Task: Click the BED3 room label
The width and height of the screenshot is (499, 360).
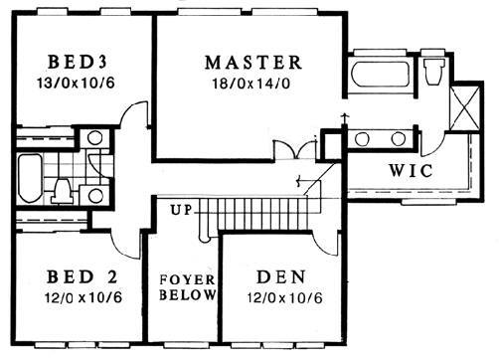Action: coord(78,62)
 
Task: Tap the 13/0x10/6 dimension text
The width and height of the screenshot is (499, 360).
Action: coord(76,83)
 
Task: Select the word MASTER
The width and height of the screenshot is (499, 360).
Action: coord(253,63)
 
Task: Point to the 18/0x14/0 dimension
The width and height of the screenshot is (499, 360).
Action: coord(251,84)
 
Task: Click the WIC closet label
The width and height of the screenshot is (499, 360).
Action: coord(411,171)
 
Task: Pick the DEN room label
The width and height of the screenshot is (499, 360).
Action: coord(281,277)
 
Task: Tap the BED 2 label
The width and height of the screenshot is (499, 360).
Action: coord(83,276)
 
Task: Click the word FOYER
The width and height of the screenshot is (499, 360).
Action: coord(187,279)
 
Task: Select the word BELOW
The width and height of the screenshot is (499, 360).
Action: coord(188,294)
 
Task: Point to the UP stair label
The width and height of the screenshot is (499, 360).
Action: coord(182,210)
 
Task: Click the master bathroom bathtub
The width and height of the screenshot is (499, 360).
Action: coord(380,74)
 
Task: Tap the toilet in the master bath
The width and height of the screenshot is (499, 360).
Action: coord(434,72)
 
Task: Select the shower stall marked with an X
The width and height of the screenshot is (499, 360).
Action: coord(465,108)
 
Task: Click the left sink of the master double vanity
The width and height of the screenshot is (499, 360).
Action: coord(362,139)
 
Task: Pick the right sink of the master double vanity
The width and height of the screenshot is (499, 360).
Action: coord(398,139)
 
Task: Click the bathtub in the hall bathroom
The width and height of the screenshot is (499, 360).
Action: coord(30,178)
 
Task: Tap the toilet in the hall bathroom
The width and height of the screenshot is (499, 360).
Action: coord(63,191)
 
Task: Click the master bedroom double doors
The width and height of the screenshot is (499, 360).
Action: coord(295,149)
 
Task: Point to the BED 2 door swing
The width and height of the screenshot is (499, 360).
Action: coord(123,245)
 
